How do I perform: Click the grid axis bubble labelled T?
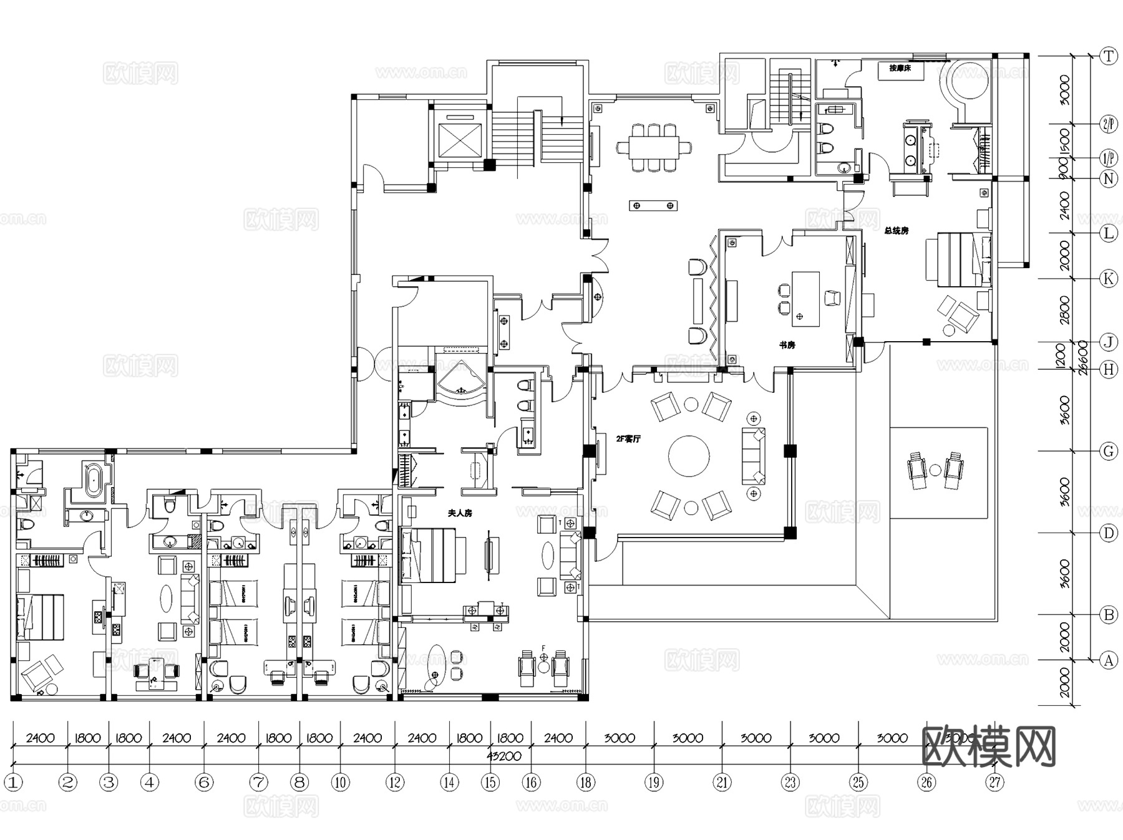click(x=1108, y=56)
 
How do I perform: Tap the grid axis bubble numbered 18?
click(x=585, y=782)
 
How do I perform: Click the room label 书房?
click(x=787, y=345)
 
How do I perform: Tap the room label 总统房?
click(x=896, y=231)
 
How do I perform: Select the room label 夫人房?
click(x=460, y=513)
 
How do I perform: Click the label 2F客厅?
click(x=628, y=439)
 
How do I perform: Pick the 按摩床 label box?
click(x=900, y=69)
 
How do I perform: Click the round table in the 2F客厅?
click(x=689, y=456)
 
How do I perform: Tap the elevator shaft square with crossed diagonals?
click(x=460, y=140)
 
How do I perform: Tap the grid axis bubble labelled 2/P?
click(x=1108, y=124)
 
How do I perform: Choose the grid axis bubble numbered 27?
click(x=994, y=782)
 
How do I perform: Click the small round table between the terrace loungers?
click(x=935, y=470)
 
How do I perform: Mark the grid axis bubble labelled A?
click(x=1108, y=660)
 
